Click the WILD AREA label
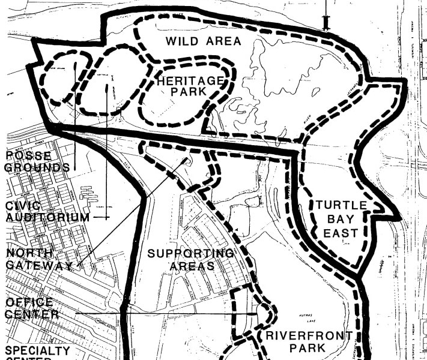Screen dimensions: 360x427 (203, 41)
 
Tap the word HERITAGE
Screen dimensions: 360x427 (190, 80)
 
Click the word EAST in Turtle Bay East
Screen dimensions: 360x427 (341, 233)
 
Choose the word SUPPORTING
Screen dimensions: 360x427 (190, 253)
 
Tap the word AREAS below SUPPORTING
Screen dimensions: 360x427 (192, 266)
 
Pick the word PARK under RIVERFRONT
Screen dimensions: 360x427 (307, 348)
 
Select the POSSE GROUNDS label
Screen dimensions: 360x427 (37, 161)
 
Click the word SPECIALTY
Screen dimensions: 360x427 (37, 350)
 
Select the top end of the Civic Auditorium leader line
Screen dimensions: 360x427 (107, 85)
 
